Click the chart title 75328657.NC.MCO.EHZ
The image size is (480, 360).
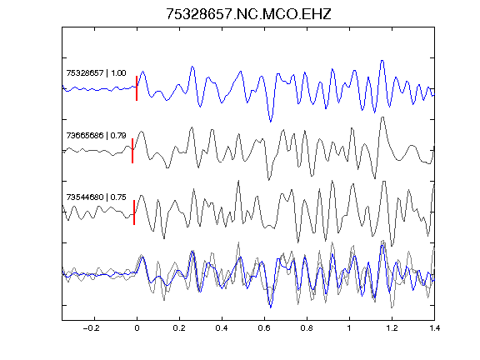click(248, 14)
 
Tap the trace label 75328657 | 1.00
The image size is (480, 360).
click(96, 73)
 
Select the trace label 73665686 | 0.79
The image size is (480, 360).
click(96, 135)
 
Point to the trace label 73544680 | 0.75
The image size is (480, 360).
click(96, 197)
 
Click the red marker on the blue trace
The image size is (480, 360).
click(137, 88)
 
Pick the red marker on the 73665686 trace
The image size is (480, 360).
click(132, 151)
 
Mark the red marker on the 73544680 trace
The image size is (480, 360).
click(134, 212)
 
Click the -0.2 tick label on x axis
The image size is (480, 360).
click(91, 328)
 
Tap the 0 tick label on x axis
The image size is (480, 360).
click(137, 328)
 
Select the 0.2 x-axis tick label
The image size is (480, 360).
click(179, 328)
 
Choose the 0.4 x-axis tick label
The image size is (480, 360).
click(222, 328)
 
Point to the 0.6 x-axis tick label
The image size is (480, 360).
click(264, 328)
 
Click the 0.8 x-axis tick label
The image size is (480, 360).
click(307, 328)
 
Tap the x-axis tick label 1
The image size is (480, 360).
click(349, 328)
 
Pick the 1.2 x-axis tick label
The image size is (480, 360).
click(392, 328)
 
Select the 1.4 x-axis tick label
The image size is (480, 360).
click(434, 328)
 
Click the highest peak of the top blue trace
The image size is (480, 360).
click(382, 61)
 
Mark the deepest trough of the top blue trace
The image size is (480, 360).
click(270, 122)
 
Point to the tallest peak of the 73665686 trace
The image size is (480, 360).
click(382, 117)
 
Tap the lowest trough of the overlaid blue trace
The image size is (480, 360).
click(270, 307)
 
